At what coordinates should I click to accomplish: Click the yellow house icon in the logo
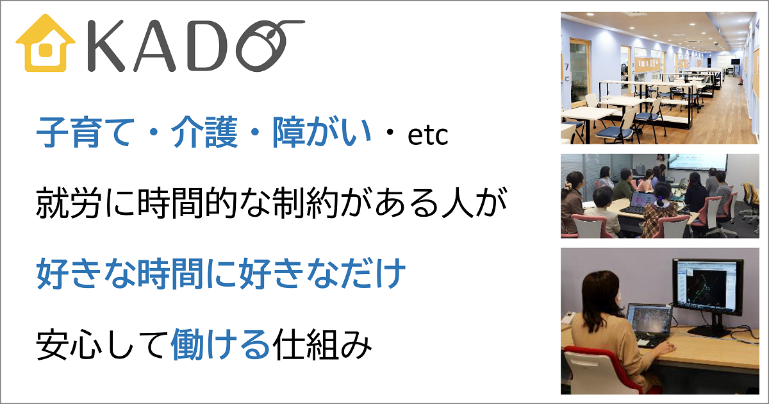[45, 44]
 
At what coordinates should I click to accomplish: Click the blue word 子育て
[85, 133]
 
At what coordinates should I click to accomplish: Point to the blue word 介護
[204, 133]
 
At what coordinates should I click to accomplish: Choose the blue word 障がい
[322, 133]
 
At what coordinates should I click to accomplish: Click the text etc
[428, 135]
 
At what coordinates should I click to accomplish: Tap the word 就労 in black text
[69, 203]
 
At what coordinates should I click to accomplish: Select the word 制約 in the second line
[305, 203]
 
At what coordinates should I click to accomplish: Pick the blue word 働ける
[220, 344]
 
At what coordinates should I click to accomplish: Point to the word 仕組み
[322, 344]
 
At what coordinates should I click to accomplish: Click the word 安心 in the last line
[69, 344]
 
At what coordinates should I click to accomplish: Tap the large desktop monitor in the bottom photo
[708, 288]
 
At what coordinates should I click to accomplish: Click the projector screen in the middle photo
[697, 162]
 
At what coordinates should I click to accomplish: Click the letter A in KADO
[154, 46]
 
